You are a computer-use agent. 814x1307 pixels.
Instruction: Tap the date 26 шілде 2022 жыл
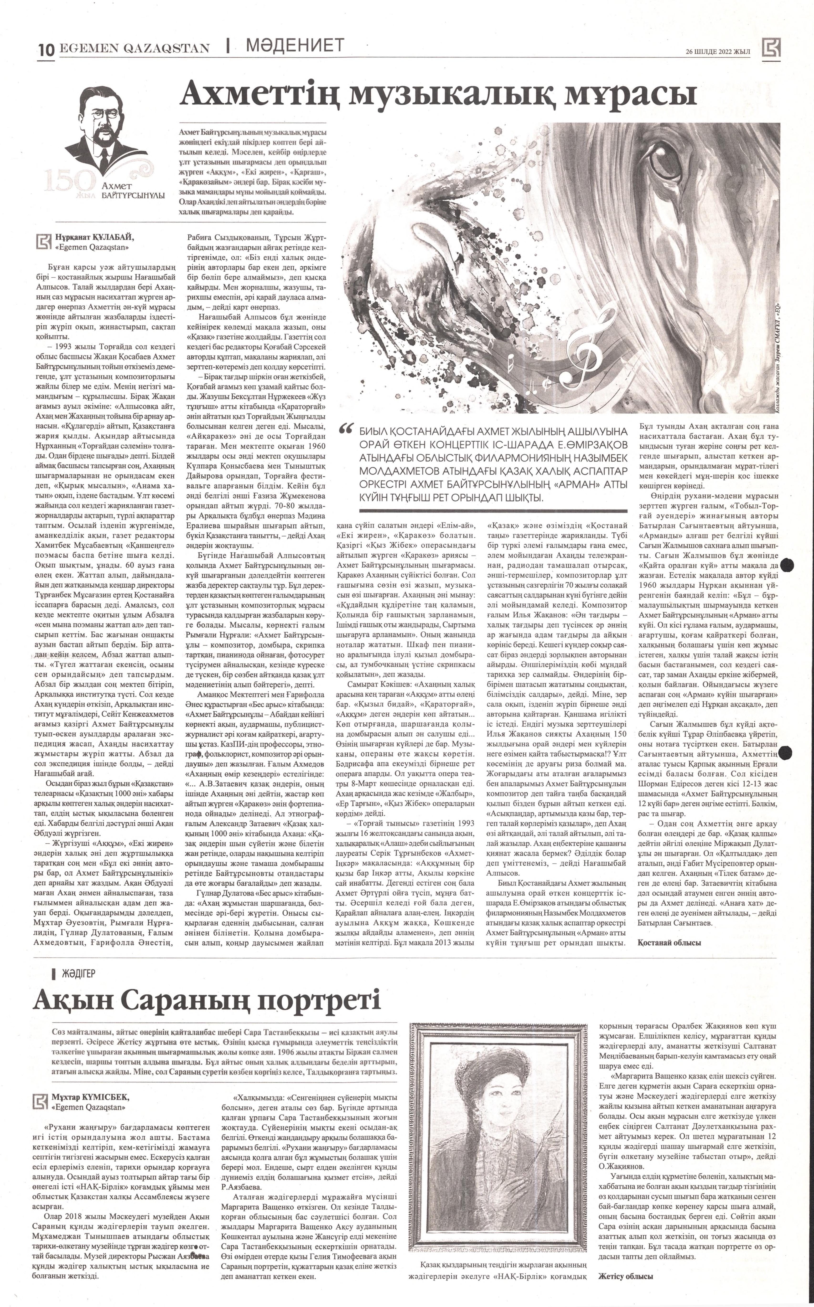(718, 51)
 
